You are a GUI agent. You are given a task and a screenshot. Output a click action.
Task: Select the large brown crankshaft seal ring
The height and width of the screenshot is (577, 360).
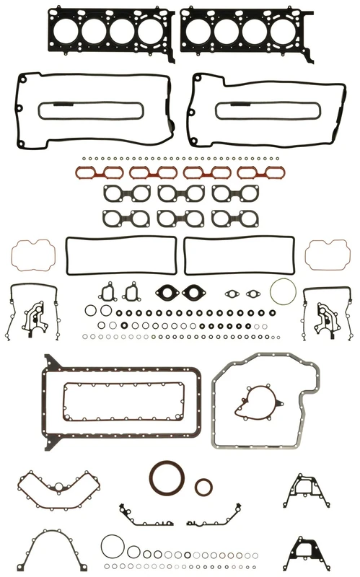tap(169, 479)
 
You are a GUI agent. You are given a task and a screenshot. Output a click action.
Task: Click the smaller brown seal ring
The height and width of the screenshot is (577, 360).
tap(204, 486)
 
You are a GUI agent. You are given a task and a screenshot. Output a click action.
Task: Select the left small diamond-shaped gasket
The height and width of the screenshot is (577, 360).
tap(232, 294)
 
